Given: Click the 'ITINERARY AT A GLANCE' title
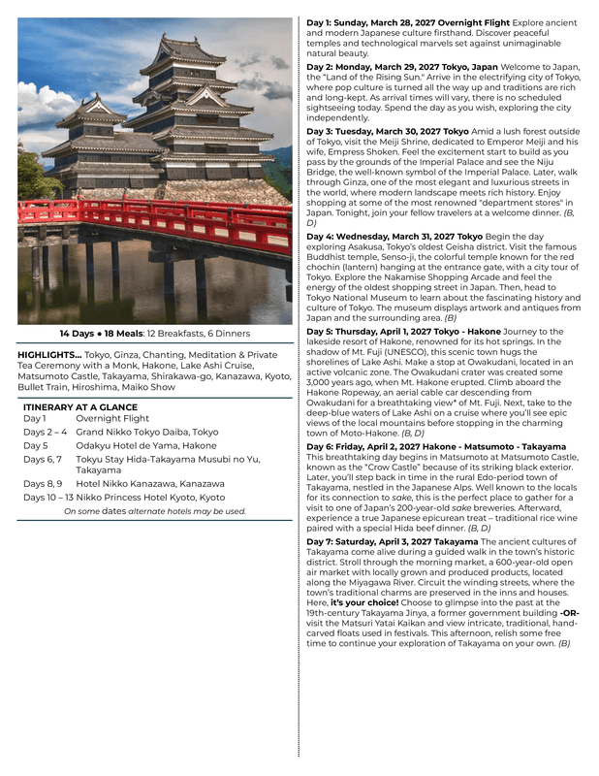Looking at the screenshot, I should point(80,407).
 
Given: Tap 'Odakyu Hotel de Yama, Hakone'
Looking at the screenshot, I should point(145,445).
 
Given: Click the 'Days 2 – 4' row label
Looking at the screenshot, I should point(45,432).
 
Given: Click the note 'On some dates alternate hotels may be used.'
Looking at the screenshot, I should point(154,511).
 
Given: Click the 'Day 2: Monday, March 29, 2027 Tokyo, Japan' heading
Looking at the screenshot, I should point(402,67).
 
